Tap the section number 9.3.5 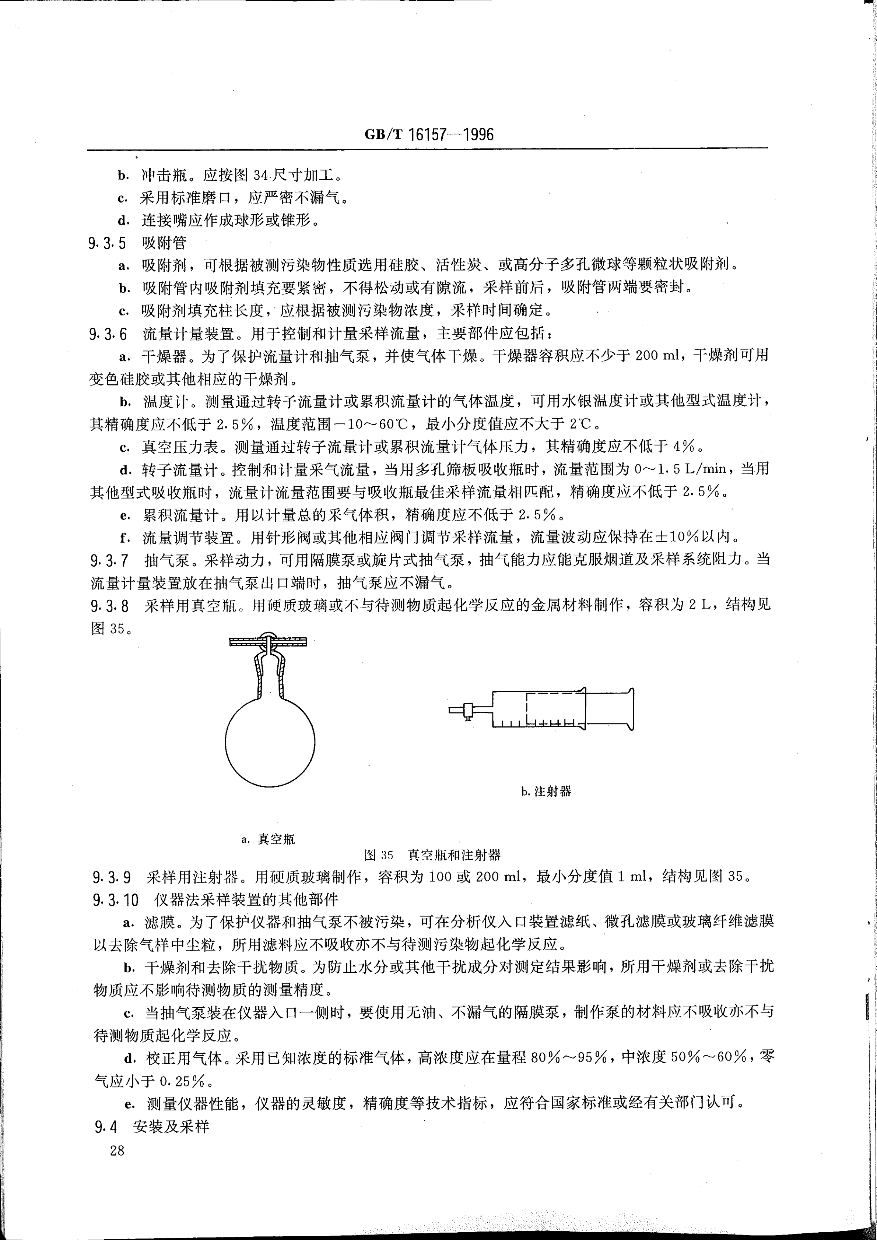coord(108,243)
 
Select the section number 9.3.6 coord(108,334)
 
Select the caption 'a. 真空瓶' coord(269,839)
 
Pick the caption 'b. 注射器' coord(546,792)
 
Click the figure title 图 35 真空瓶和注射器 coord(433,855)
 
